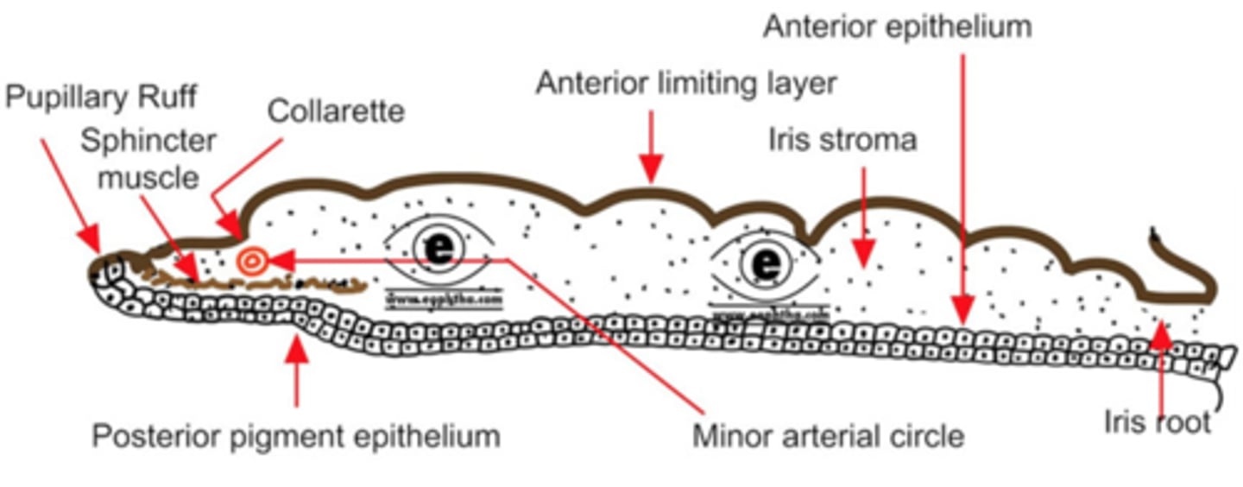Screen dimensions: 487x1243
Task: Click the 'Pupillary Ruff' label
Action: [x=102, y=98]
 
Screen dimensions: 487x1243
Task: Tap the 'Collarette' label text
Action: [x=335, y=112]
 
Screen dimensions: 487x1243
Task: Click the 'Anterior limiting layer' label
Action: [x=686, y=84]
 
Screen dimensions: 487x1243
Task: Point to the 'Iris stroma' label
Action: [x=842, y=139]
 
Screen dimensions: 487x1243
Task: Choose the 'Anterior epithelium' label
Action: [x=897, y=27]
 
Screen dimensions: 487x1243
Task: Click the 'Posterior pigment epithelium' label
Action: [x=296, y=436]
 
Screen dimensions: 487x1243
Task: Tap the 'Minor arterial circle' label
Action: [x=828, y=436]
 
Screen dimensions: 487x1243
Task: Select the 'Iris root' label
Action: [x=1158, y=423]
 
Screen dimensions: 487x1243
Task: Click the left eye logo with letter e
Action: [x=439, y=250]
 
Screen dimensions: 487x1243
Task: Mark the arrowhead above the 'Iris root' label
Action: [x=1162, y=334]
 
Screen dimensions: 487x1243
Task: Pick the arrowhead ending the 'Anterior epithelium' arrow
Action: [x=963, y=306]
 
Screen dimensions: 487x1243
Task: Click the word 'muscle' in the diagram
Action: [x=148, y=178]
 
